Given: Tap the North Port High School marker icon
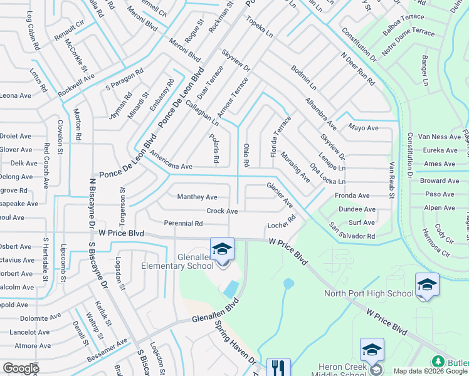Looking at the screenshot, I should point(427,285).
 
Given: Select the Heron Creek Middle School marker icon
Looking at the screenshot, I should point(372,350).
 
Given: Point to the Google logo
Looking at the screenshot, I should point(21,368).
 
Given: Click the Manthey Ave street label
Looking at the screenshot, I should point(197,197).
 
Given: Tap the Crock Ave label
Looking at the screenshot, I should point(222,211).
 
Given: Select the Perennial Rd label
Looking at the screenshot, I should point(183,223).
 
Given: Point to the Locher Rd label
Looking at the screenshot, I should point(281,223).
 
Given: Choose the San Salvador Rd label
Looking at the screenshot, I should point(352,231).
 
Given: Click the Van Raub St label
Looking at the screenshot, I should point(391,179).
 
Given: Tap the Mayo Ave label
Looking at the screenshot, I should point(364,128).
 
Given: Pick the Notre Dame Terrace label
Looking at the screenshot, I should point(408,40).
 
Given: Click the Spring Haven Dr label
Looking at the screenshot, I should point(236,344).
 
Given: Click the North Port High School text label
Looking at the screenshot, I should point(369,293).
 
